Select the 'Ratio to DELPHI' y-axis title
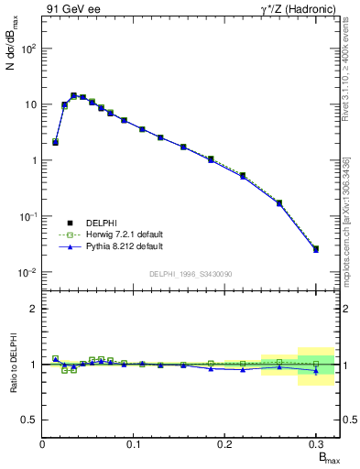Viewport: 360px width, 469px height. point(13,364)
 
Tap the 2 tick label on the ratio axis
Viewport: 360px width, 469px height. point(34,309)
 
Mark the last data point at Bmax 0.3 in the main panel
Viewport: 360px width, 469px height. point(316,248)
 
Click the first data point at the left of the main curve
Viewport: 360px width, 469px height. point(55,142)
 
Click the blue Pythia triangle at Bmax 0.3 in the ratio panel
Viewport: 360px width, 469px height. point(316,371)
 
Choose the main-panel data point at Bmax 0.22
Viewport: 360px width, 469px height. point(243,175)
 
